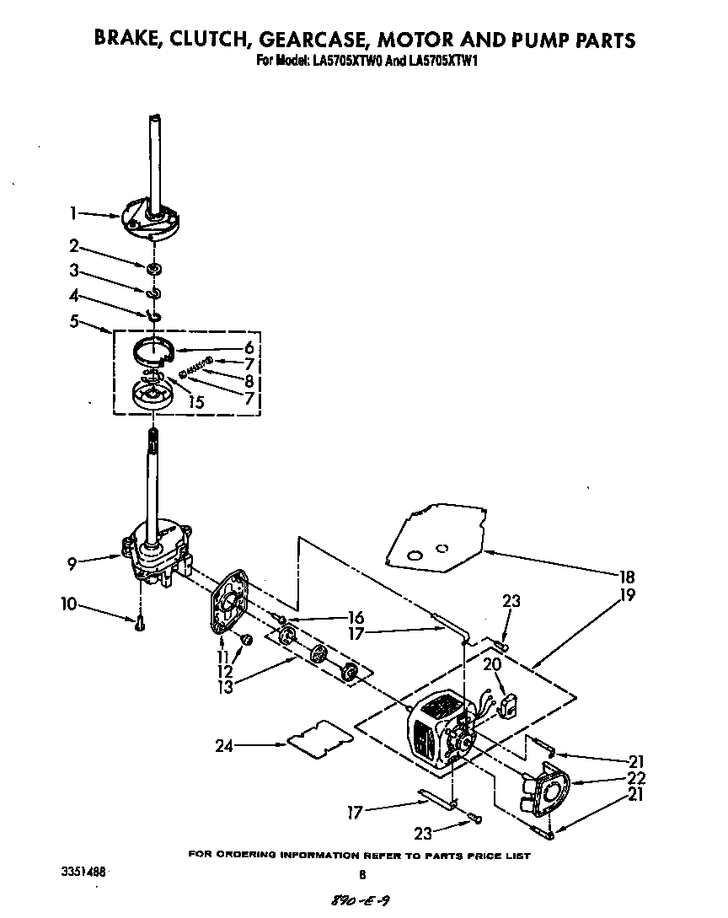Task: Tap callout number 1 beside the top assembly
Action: click(75, 214)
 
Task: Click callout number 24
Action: click(223, 744)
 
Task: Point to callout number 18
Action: click(626, 577)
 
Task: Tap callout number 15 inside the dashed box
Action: click(196, 403)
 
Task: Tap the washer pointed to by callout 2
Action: click(154, 269)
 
